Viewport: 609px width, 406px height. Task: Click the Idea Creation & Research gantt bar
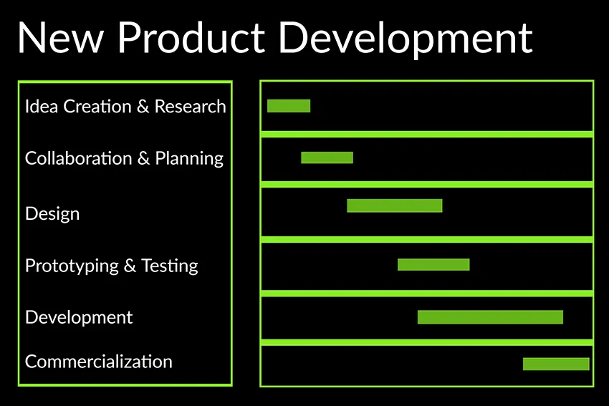[289, 106]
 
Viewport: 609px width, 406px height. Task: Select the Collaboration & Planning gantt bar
[327, 158]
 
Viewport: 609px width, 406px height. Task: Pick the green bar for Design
[395, 206]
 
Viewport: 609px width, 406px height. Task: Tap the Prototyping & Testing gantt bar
[433, 264]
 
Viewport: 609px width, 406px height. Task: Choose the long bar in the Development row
[490, 317]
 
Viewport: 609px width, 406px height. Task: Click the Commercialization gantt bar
[556, 364]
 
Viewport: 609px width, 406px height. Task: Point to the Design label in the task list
[52, 213]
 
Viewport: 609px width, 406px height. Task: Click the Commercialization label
[98, 362]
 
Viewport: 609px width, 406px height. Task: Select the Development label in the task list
[79, 317]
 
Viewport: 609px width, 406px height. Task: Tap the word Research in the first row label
[191, 107]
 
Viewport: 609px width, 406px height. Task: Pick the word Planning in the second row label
[189, 159]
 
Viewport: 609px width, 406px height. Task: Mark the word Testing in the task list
[169, 266]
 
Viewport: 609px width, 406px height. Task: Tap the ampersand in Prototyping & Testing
[130, 266]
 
